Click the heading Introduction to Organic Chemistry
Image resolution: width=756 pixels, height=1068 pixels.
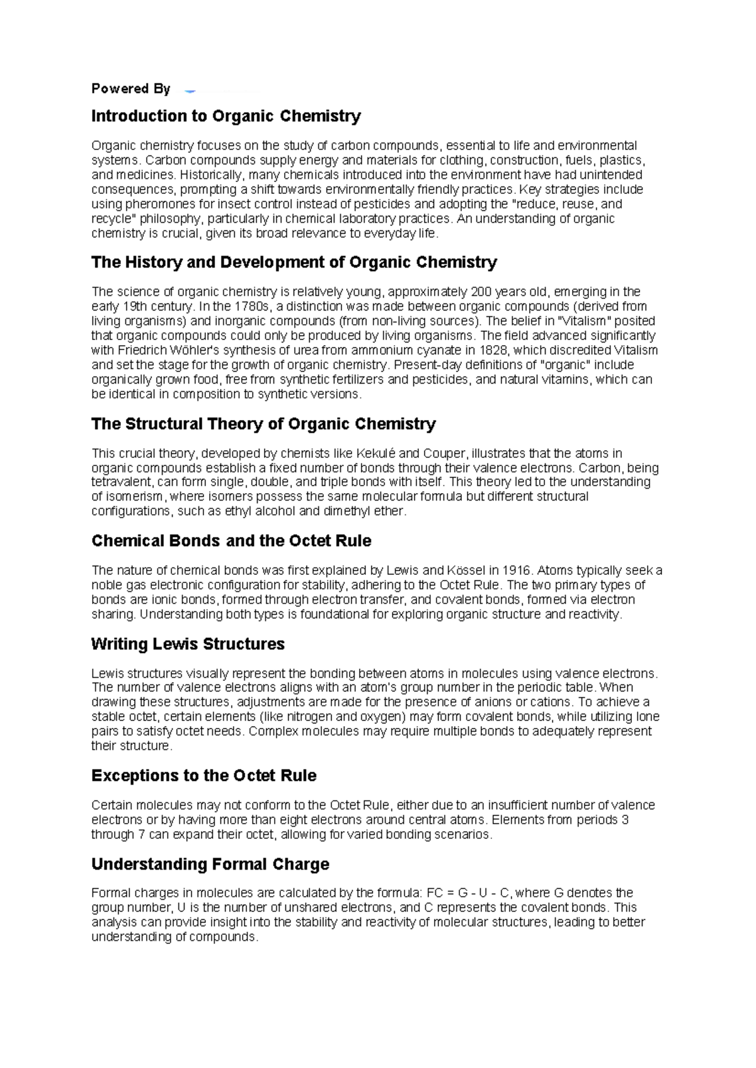(x=226, y=116)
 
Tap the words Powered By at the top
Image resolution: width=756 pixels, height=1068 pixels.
(x=130, y=89)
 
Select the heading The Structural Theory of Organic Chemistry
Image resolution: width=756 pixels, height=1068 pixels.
(x=263, y=424)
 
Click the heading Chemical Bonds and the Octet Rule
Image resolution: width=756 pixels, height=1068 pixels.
(x=231, y=541)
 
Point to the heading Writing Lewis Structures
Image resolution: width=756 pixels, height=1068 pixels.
(x=188, y=644)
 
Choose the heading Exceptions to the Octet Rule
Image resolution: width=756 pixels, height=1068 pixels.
(x=203, y=776)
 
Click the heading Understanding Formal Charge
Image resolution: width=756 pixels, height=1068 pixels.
(x=210, y=864)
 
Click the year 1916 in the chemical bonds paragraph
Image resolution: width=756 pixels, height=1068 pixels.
(x=517, y=571)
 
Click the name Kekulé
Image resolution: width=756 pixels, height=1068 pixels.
(x=376, y=453)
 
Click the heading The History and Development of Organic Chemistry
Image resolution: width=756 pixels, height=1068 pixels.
(x=294, y=263)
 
